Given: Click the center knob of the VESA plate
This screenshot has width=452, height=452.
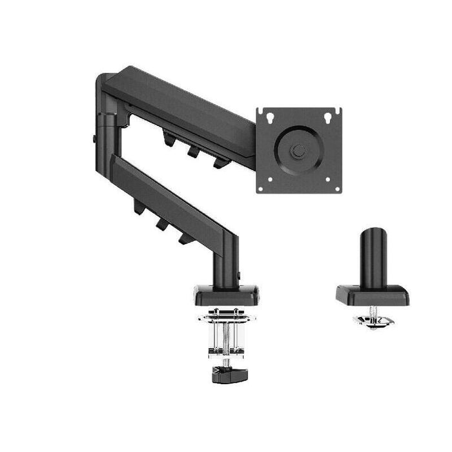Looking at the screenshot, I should [299, 150].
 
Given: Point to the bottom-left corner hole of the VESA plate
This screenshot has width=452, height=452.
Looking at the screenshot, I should [262, 188].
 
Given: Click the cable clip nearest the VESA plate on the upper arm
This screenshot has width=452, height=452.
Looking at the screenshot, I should [220, 162].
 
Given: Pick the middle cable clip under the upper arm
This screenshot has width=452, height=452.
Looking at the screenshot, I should [194, 150].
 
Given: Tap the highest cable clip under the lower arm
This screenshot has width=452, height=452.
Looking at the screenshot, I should [138, 208].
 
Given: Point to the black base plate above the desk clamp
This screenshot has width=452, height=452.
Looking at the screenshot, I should [226, 295].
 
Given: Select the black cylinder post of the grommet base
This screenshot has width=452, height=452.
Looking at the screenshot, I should [371, 254].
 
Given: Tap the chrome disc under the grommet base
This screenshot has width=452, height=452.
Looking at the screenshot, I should [373, 320].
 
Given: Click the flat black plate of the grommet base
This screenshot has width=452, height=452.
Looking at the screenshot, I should [372, 297].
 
